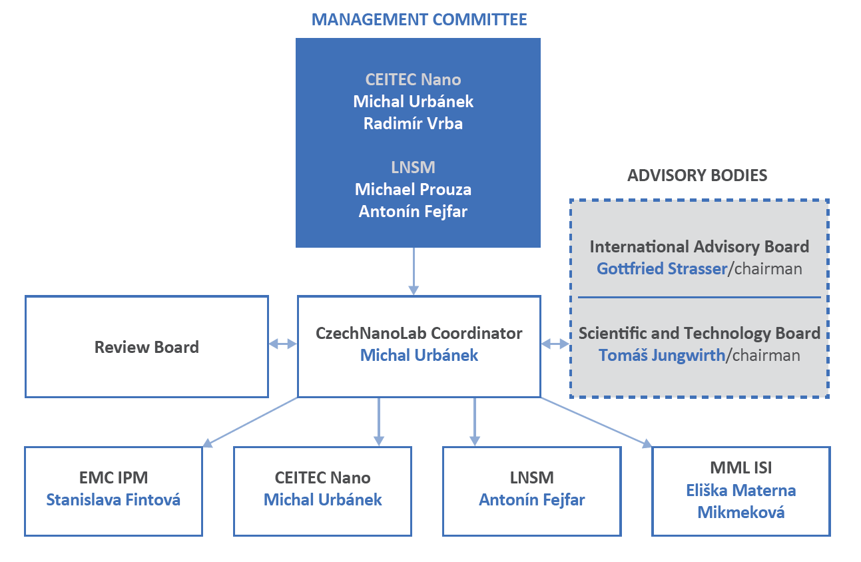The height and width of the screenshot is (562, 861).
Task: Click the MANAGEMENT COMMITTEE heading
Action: [x=419, y=19]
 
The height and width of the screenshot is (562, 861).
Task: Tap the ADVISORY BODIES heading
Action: [x=697, y=176]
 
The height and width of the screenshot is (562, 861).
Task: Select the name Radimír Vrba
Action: [x=413, y=124]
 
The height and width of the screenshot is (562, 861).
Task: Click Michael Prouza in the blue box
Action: [x=413, y=189]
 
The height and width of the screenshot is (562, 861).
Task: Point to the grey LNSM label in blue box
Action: [x=413, y=167]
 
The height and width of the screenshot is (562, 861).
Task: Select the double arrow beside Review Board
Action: [x=283, y=344]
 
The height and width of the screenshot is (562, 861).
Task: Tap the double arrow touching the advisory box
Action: [x=555, y=344]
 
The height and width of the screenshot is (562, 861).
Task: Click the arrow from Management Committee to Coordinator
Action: [x=414, y=270]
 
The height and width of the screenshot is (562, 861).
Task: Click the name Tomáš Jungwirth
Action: [x=661, y=355]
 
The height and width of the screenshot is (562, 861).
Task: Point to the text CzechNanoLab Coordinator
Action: [x=419, y=333]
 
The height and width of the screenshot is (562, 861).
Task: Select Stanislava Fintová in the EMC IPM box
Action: [x=113, y=499]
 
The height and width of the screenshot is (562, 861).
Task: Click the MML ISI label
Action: [x=740, y=469]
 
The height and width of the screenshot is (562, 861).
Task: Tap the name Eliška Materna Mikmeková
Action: [x=740, y=501]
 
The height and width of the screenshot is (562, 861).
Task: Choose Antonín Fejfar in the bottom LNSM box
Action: [x=531, y=499]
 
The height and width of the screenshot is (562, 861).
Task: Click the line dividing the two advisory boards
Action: [x=699, y=297]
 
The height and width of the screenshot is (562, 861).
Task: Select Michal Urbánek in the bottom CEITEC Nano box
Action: [x=322, y=499]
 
